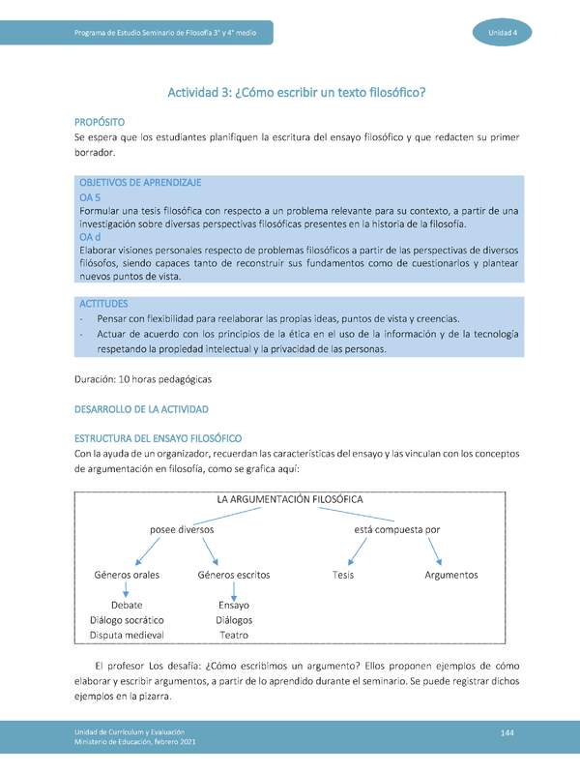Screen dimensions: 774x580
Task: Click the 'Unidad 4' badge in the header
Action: [x=501, y=35]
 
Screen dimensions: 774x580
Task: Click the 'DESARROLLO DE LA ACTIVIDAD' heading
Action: [x=141, y=410]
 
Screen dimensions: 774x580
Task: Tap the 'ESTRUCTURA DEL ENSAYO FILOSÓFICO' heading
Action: [x=151, y=438]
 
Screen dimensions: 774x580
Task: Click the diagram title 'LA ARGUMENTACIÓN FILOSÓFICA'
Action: [x=289, y=499]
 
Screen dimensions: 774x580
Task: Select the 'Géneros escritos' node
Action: [x=233, y=575]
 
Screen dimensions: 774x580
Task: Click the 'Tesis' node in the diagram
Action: [x=342, y=575]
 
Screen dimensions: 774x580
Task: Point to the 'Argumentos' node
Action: [x=451, y=575]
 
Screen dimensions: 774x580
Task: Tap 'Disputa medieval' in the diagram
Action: [x=127, y=635]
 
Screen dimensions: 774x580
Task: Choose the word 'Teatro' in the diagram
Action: [x=233, y=635]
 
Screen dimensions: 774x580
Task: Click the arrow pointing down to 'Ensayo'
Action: [x=233, y=590]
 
